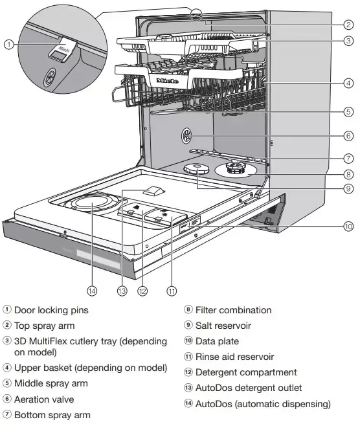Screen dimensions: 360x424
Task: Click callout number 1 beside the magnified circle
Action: coord(9,45)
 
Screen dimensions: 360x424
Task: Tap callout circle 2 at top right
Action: coord(348,25)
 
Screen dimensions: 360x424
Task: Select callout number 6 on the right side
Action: coord(348,136)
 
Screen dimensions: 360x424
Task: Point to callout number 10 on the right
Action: coord(348,226)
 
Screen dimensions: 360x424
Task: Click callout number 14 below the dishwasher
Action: coord(92,291)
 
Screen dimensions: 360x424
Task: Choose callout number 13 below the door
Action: coord(122,291)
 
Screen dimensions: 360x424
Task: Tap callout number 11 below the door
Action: coord(172,291)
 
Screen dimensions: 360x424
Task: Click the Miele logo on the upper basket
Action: coord(168,81)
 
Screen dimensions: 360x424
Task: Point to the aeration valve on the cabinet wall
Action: coord(186,135)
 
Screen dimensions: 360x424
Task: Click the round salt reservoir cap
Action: coord(197,169)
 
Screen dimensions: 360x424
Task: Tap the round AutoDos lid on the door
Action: coord(92,203)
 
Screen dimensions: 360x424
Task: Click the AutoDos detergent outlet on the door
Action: coord(153,190)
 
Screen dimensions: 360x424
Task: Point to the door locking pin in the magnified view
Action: coord(63,50)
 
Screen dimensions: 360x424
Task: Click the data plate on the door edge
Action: coord(190,224)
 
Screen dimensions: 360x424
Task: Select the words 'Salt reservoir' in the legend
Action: coord(223,326)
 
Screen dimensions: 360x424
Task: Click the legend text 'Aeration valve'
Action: coord(44,399)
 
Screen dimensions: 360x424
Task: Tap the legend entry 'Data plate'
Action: coord(217,341)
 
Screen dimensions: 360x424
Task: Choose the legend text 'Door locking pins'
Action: coord(51,310)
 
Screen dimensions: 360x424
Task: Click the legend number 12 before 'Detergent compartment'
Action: coord(188,372)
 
